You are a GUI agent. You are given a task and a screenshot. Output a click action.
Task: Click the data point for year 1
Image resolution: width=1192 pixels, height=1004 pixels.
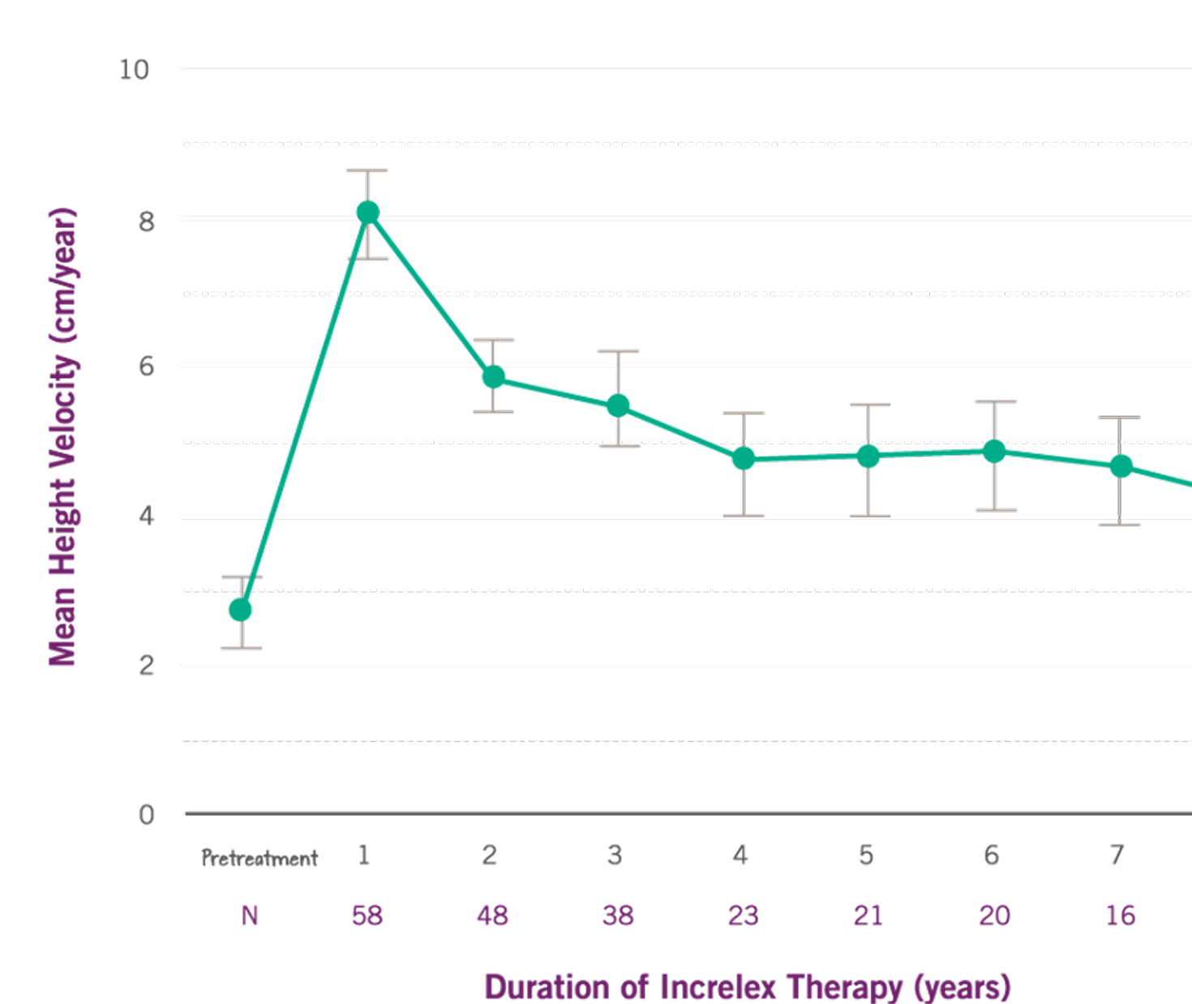[x=368, y=212]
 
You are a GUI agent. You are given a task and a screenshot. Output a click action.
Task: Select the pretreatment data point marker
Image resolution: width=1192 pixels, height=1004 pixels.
[x=240, y=610]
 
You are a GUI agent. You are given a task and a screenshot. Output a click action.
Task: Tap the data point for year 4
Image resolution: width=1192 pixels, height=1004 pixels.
[x=744, y=459]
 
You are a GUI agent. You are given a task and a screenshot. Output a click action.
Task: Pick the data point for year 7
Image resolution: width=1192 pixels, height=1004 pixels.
[x=1121, y=466]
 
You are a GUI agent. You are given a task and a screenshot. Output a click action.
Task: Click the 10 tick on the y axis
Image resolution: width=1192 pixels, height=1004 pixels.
[x=135, y=70]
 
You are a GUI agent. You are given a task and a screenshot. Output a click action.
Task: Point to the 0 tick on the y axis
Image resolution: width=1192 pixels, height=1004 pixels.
[x=146, y=814]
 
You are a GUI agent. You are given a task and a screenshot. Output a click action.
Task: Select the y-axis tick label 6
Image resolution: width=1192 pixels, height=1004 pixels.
[x=146, y=367]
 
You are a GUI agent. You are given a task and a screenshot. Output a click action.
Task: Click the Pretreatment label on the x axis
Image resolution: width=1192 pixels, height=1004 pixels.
[x=259, y=858]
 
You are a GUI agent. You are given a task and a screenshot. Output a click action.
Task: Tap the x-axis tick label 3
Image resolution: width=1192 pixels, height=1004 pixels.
[x=615, y=855]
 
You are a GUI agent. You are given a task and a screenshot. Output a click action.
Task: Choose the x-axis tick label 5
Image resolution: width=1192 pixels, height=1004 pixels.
[x=866, y=855]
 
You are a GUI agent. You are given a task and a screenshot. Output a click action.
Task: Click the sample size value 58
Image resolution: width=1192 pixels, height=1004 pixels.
[x=367, y=916]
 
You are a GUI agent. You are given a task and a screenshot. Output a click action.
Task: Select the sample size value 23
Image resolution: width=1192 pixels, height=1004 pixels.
[x=744, y=916]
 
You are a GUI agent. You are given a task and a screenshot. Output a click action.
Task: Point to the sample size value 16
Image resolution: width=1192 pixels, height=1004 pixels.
[x=1121, y=916]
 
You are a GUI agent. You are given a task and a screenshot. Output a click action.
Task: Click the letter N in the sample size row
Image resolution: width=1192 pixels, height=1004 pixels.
[x=250, y=916]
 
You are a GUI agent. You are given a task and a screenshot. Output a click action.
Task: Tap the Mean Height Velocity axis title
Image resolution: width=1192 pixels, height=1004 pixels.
[x=63, y=438]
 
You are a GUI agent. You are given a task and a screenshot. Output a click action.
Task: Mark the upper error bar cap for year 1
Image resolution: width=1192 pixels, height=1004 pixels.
[x=367, y=171]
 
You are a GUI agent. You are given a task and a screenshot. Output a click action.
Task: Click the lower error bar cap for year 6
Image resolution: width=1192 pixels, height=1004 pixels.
[x=996, y=510]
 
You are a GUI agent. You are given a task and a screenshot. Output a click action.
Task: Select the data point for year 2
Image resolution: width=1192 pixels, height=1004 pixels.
[x=494, y=377]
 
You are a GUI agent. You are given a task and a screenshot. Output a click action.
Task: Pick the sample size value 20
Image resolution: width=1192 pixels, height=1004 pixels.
[x=995, y=916]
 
